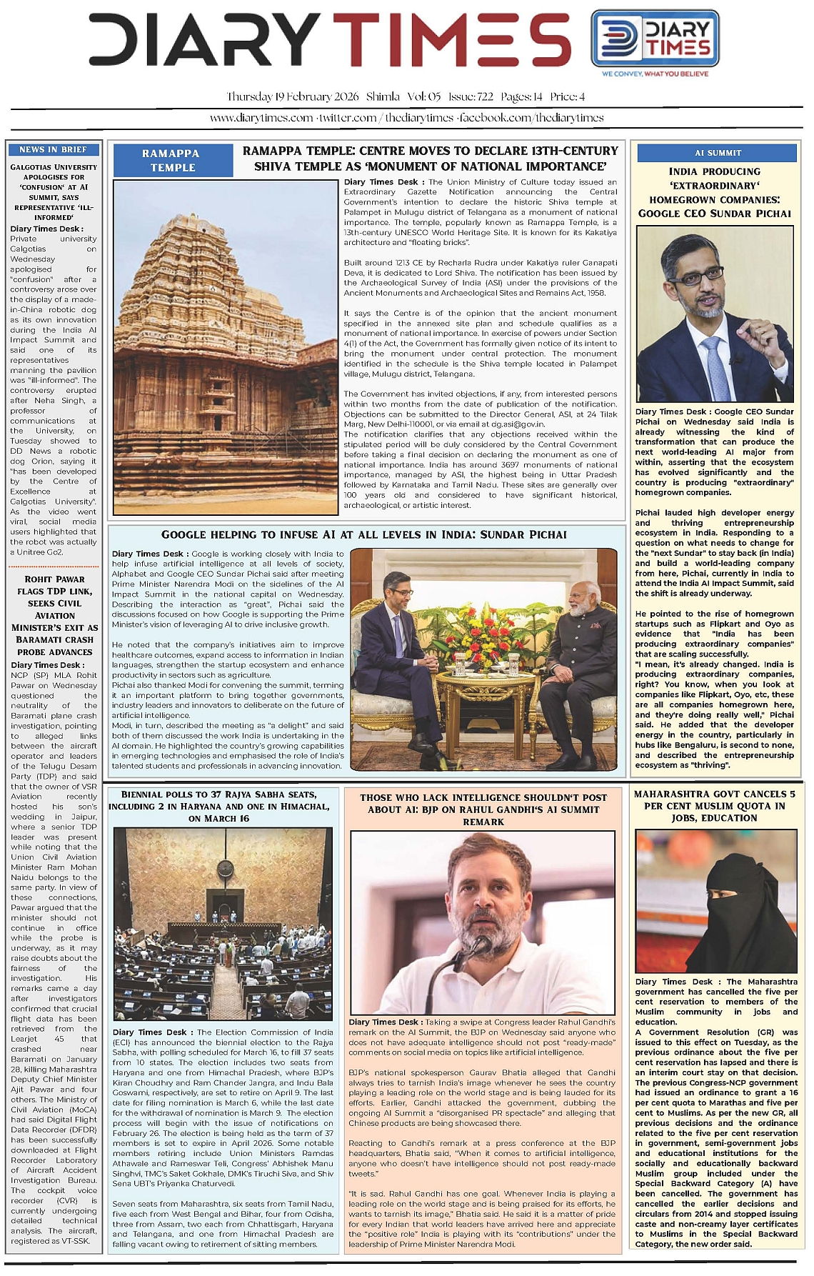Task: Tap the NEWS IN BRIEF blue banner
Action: [53, 149]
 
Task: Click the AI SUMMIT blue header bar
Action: [717, 153]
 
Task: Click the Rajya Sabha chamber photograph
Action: [223, 924]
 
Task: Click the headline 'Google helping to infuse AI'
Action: [364, 535]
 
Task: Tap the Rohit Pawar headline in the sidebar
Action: [54, 615]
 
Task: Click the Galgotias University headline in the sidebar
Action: [54, 191]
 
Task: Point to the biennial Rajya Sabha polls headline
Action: [219, 806]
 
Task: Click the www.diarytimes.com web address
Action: [261, 118]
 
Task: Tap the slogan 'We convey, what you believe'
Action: [655, 74]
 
